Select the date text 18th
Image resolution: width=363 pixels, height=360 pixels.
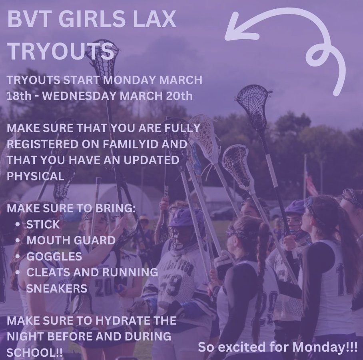click(18, 96)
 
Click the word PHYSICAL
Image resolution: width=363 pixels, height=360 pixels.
click(36, 176)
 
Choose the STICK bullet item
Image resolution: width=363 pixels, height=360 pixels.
click(43, 224)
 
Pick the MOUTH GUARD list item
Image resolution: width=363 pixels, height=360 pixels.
click(71, 240)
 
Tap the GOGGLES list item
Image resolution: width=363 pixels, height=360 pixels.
click(54, 256)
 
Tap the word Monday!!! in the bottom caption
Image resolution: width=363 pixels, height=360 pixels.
click(325, 346)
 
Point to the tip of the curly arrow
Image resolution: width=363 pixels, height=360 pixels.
click(227, 37)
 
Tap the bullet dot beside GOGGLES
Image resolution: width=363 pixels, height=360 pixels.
click(18, 256)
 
